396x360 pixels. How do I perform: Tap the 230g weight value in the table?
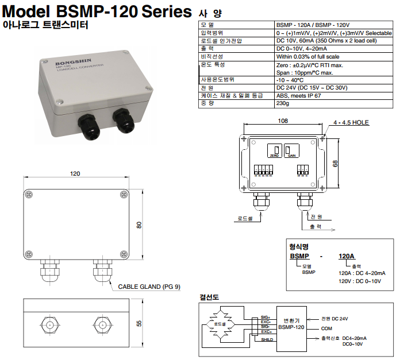click(x=283, y=103)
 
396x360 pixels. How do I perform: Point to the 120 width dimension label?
click(x=75, y=173)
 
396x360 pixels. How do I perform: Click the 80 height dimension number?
click(x=139, y=225)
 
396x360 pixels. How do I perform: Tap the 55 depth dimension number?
click(x=139, y=324)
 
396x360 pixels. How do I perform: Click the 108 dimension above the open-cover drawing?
click(x=282, y=121)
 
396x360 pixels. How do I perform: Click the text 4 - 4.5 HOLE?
click(x=351, y=123)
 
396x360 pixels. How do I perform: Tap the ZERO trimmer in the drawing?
click(x=274, y=150)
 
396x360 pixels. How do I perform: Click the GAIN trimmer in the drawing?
click(x=292, y=150)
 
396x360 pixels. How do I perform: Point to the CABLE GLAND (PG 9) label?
click(x=149, y=287)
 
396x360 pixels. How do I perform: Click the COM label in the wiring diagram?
click(x=327, y=328)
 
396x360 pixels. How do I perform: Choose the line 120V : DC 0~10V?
click(x=359, y=280)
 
